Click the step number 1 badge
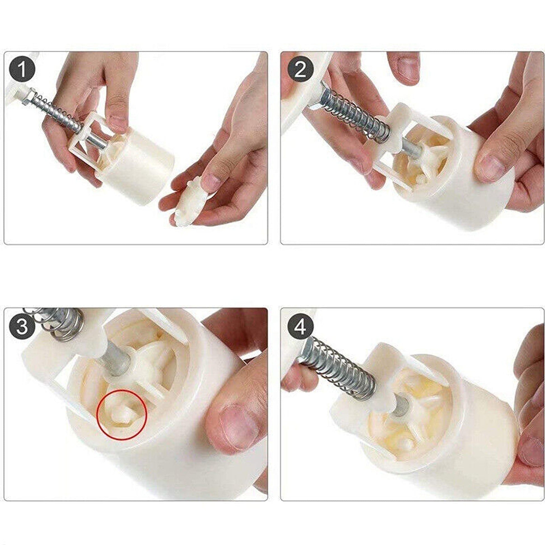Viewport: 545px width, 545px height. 22,69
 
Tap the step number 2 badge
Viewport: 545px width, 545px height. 300,69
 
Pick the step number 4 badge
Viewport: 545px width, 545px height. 300,326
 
